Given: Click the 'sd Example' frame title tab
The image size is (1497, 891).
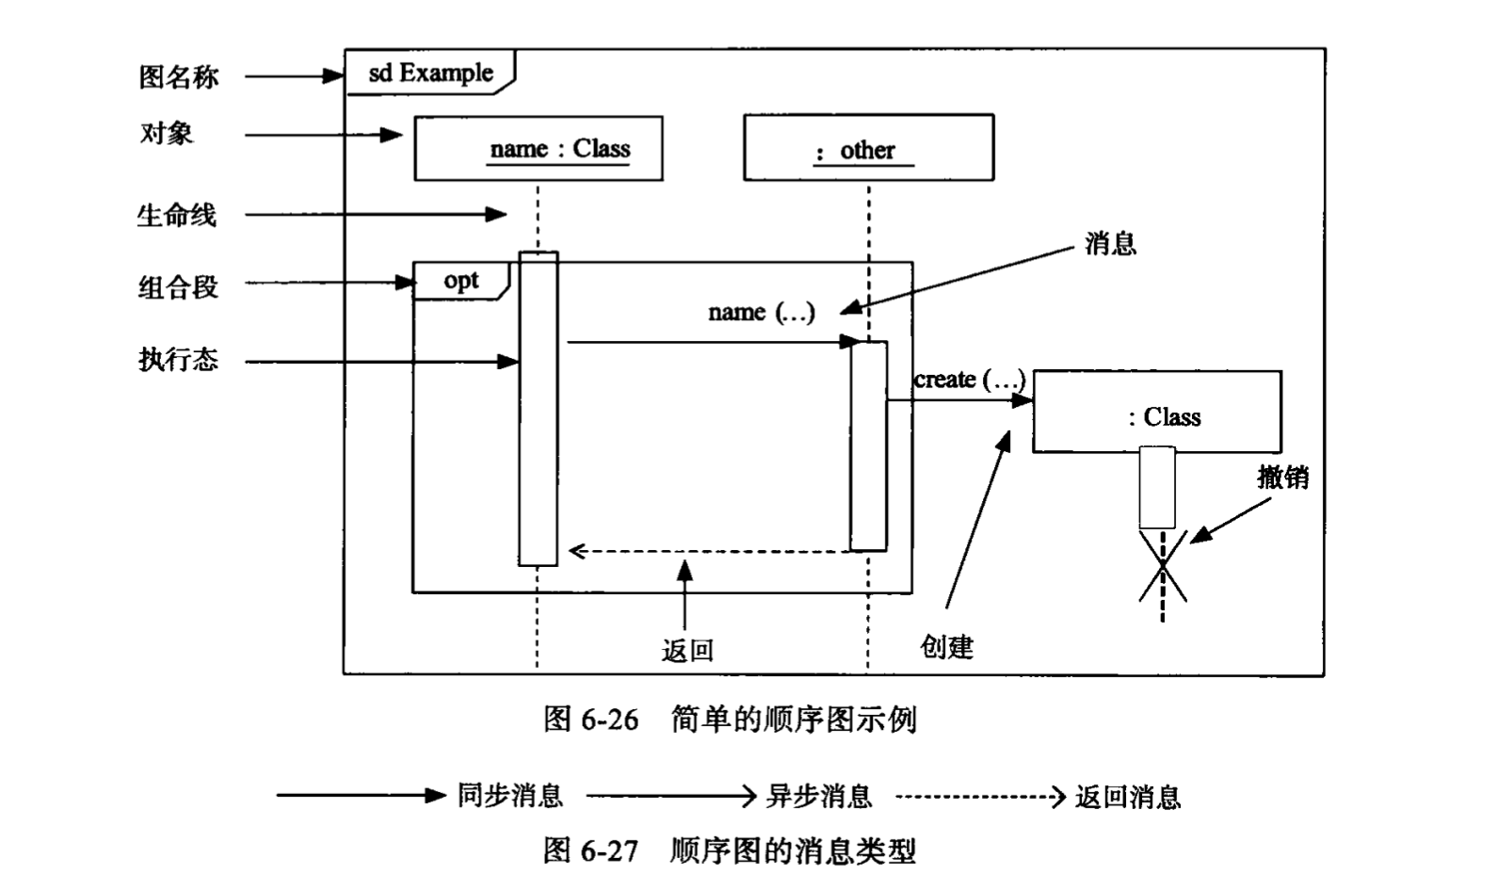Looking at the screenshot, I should (x=430, y=73).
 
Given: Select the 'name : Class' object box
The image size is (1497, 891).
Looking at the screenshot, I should (x=539, y=148).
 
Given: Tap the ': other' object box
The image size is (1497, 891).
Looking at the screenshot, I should (x=868, y=148).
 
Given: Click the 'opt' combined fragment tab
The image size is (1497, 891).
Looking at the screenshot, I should (x=461, y=281).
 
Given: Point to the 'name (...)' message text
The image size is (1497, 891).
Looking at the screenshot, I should (x=762, y=312).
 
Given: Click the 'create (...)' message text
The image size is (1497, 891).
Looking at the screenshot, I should (x=969, y=380).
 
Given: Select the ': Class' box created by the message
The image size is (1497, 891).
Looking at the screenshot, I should (x=1157, y=413).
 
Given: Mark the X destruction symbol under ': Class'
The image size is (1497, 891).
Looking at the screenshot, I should (x=1163, y=565).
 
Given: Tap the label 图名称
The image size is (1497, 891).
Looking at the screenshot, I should (x=179, y=76).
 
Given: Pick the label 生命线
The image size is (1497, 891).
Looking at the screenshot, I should (x=176, y=216).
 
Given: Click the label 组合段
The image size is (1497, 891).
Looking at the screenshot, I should (x=178, y=286).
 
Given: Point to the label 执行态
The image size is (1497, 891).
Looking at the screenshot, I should (x=178, y=359).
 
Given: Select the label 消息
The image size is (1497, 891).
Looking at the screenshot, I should (x=1111, y=244).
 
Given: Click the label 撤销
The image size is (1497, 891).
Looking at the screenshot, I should (x=1282, y=477).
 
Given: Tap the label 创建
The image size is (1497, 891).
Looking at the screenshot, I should (x=946, y=647).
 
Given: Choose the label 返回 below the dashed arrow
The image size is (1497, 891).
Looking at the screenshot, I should (x=687, y=650).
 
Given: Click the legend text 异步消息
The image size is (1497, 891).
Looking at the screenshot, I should (x=818, y=797).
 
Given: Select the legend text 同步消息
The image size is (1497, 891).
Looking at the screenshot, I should (x=509, y=796).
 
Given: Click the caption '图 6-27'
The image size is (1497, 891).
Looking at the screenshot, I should (x=590, y=850).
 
